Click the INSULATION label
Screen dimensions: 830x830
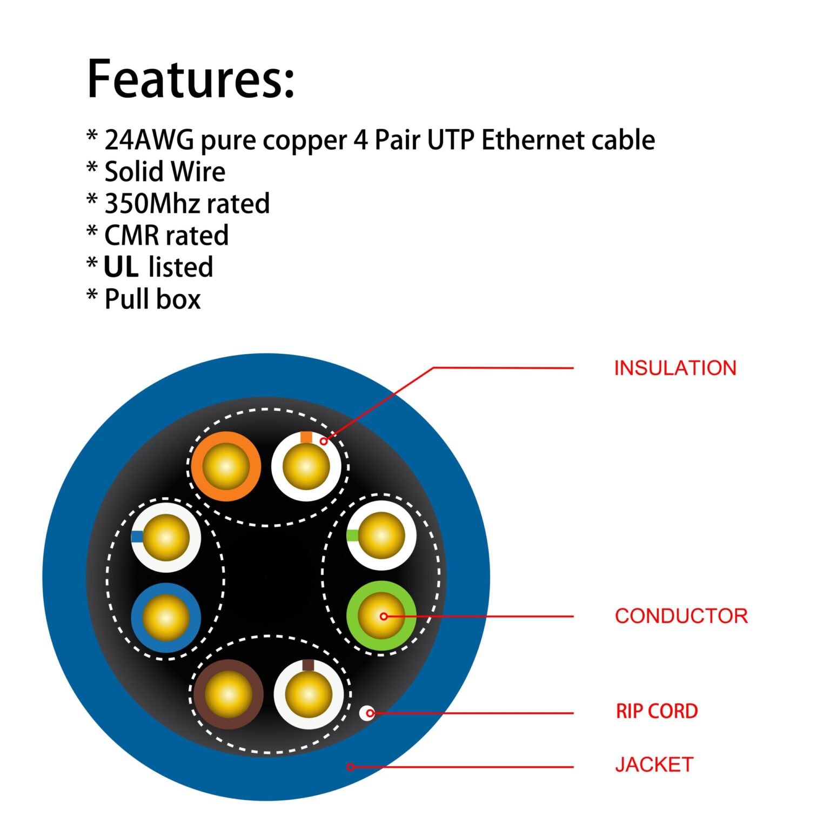(x=675, y=368)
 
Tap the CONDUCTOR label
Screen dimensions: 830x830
(x=681, y=616)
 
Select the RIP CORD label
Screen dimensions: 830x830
(x=657, y=711)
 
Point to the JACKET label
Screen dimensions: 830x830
(x=654, y=765)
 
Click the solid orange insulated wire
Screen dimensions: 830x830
(x=226, y=466)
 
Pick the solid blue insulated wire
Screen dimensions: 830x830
(x=166, y=617)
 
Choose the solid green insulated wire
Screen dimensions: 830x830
(x=381, y=616)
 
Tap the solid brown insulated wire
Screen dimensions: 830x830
(x=228, y=694)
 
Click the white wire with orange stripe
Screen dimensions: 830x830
(x=306, y=466)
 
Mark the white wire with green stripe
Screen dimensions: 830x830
(x=381, y=536)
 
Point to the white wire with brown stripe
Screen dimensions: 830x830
(x=309, y=695)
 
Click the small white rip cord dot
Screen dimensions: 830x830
(x=367, y=713)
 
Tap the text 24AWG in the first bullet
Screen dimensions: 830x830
(x=149, y=140)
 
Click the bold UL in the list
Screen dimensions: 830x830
(x=121, y=267)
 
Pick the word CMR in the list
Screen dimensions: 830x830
(x=131, y=236)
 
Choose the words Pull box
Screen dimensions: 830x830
(x=152, y=299)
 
